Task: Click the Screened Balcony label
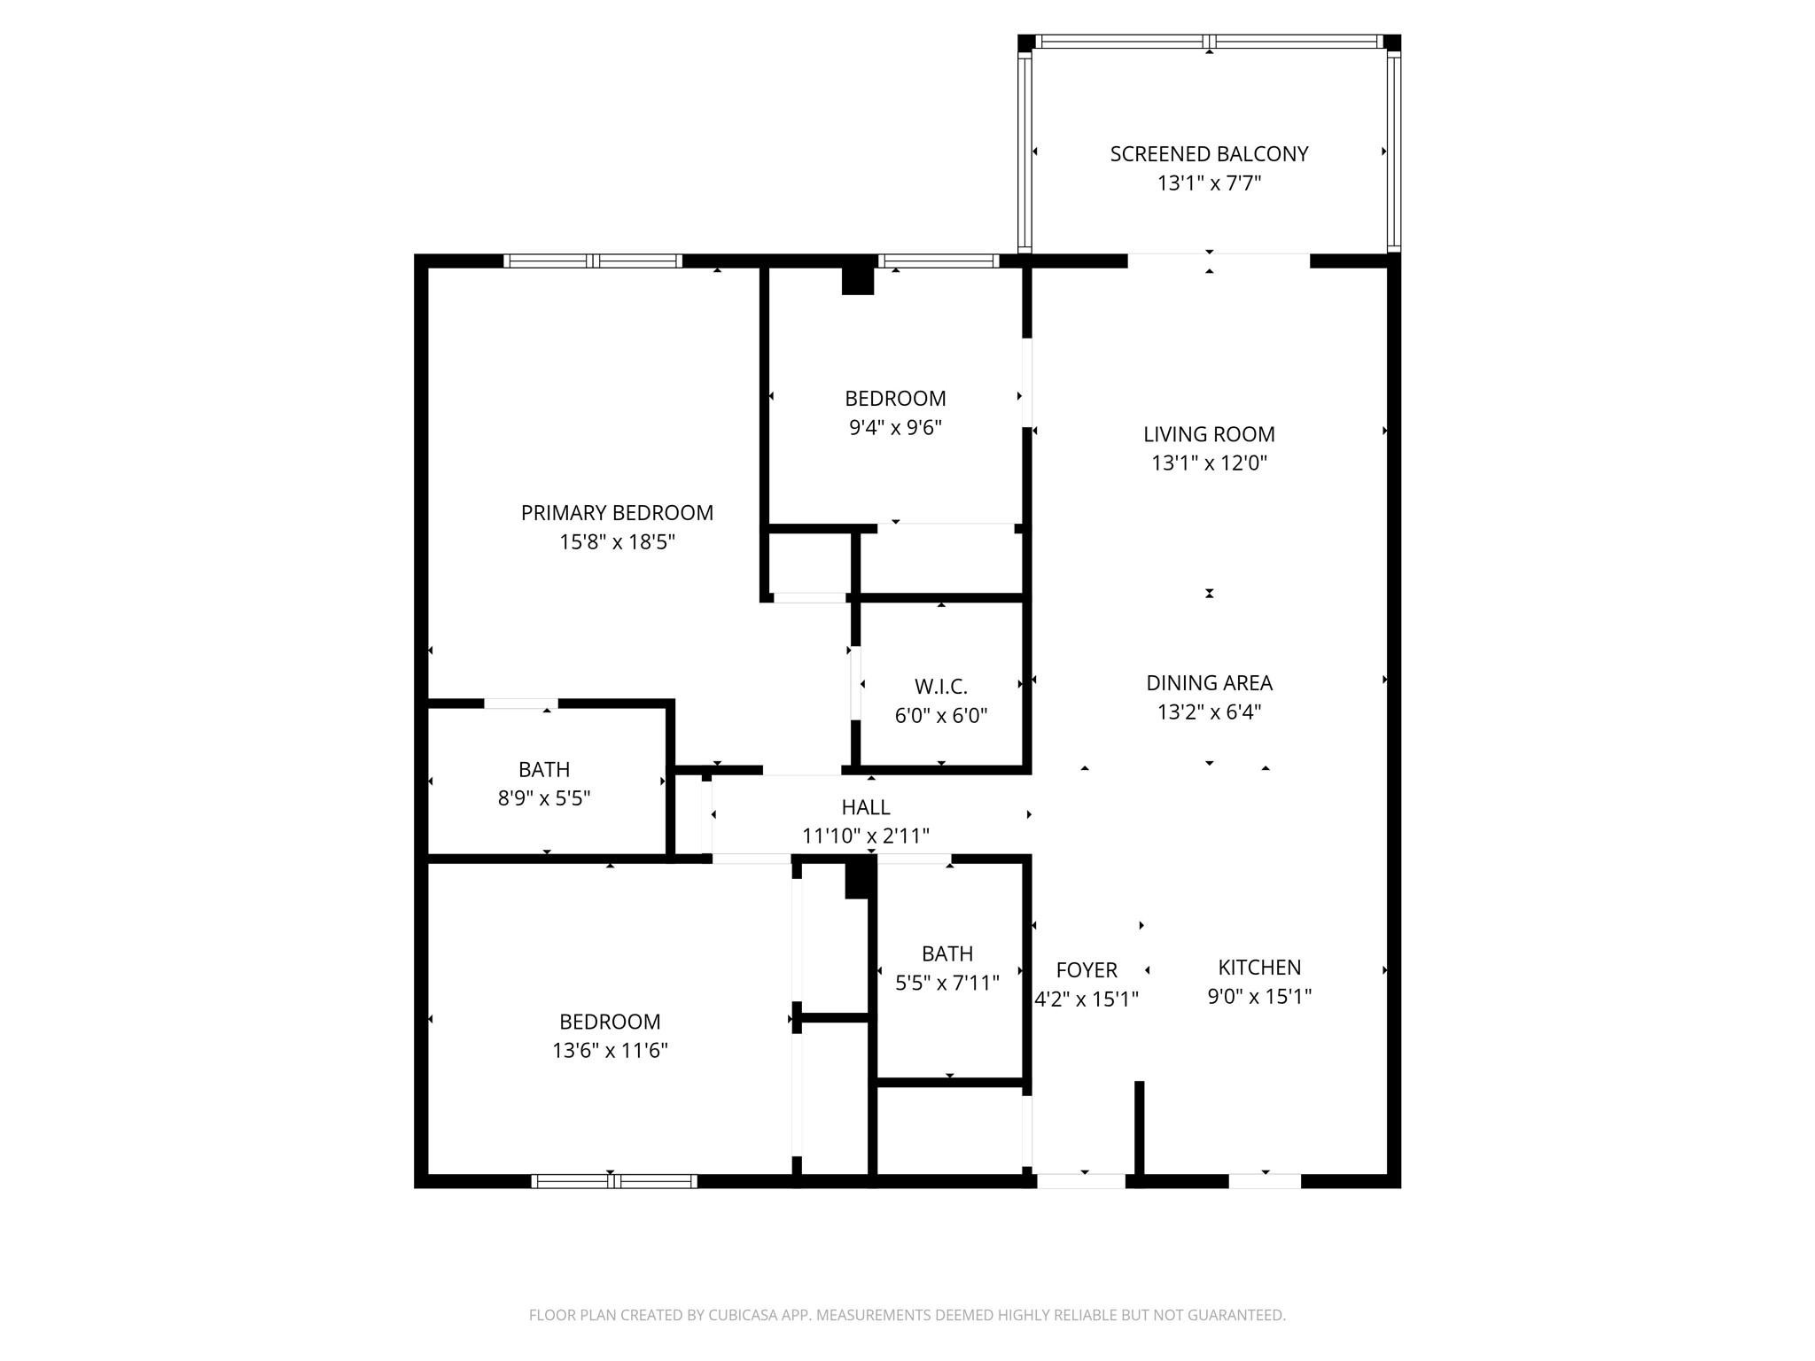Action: (1209, 154)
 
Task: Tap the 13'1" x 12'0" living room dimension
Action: (1209, 463)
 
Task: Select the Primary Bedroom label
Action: (617, 513)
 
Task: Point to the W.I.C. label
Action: (940, 687)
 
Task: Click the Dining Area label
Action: (1209, 683)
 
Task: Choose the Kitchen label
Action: (1259, 968)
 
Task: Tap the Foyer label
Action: (1087, 970)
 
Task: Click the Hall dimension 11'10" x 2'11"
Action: (865, 836)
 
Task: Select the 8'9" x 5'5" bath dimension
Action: (544, 798)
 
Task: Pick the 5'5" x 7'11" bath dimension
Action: (947, 983)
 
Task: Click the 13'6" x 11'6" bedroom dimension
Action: (610, 1051)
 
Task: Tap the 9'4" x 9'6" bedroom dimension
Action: (895, 428)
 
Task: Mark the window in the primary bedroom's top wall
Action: (593, 261)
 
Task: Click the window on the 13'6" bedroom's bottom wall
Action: (614, 1181)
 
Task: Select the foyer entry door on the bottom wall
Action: (1081, 1181)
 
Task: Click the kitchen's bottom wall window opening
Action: (1265, 1181)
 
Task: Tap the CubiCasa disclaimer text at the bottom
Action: (907, 1315)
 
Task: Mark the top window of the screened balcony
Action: (1209, 42)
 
